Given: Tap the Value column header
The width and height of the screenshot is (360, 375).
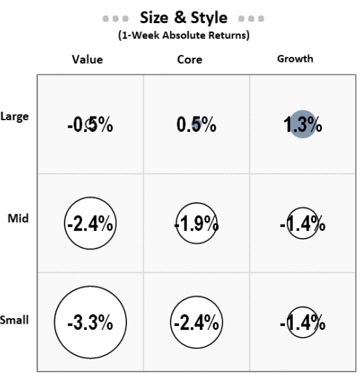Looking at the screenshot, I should tap(88, 60).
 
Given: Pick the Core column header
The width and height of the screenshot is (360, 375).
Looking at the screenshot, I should tap(189, 60).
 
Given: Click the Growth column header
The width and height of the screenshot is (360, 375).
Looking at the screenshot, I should tap(295, 59).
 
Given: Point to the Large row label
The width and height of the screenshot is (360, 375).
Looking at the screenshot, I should tap(15, 117).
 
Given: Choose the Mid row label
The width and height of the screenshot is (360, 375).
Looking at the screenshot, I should tap(18, 218).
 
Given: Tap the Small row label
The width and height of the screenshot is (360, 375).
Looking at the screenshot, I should tap(15, 320).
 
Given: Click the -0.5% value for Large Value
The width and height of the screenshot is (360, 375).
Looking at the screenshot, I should tap(90, 126).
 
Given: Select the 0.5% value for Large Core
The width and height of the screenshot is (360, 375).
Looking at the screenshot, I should tap(196, 126).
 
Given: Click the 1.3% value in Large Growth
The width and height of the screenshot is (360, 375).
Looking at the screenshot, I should tap(303, 126).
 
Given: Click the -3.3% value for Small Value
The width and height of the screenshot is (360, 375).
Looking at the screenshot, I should tap(90, 323).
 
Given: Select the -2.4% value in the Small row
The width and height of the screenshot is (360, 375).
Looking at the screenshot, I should tap(196, 323).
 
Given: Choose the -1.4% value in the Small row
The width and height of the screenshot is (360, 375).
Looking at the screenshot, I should tap(303, 323).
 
